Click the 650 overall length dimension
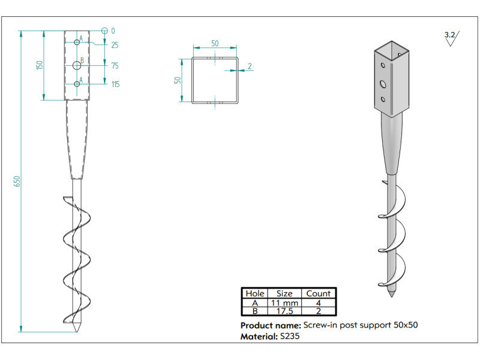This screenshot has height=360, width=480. pyautogui.click(x=17, y=180)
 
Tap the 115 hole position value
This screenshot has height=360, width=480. pyautogui.click(x=115, y=84)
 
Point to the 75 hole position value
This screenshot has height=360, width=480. pyautogui.click(x=115, y=66)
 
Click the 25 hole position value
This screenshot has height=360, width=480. pyautogui.click(x=115, y=45)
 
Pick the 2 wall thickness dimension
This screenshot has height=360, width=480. pyautogui.click(x=249, y=66)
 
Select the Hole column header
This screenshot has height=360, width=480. pyautogui.click(x=255, y=293)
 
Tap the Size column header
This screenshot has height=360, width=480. pyautogui.click(x=284, y=293)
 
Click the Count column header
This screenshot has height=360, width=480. pyautogui.click(x=318, y=293)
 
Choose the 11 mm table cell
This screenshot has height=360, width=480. pyautogui.click(x=284, y=302)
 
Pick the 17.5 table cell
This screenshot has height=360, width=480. pyautogui.click(x=284, y=311)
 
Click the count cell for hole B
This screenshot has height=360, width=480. pyautogui.click(x=318, y=311)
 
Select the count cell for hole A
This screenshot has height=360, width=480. pyautogui.click(x=318, y=302)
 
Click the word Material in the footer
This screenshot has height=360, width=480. pyautogui.click(x=259, y=337)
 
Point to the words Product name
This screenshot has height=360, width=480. pyautogui.click(x=270, y=325)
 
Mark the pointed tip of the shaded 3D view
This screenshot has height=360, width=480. pyautogui.click(x=392, y=296)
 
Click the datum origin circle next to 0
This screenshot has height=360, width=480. pyautogui.click(x=104, y=31)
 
